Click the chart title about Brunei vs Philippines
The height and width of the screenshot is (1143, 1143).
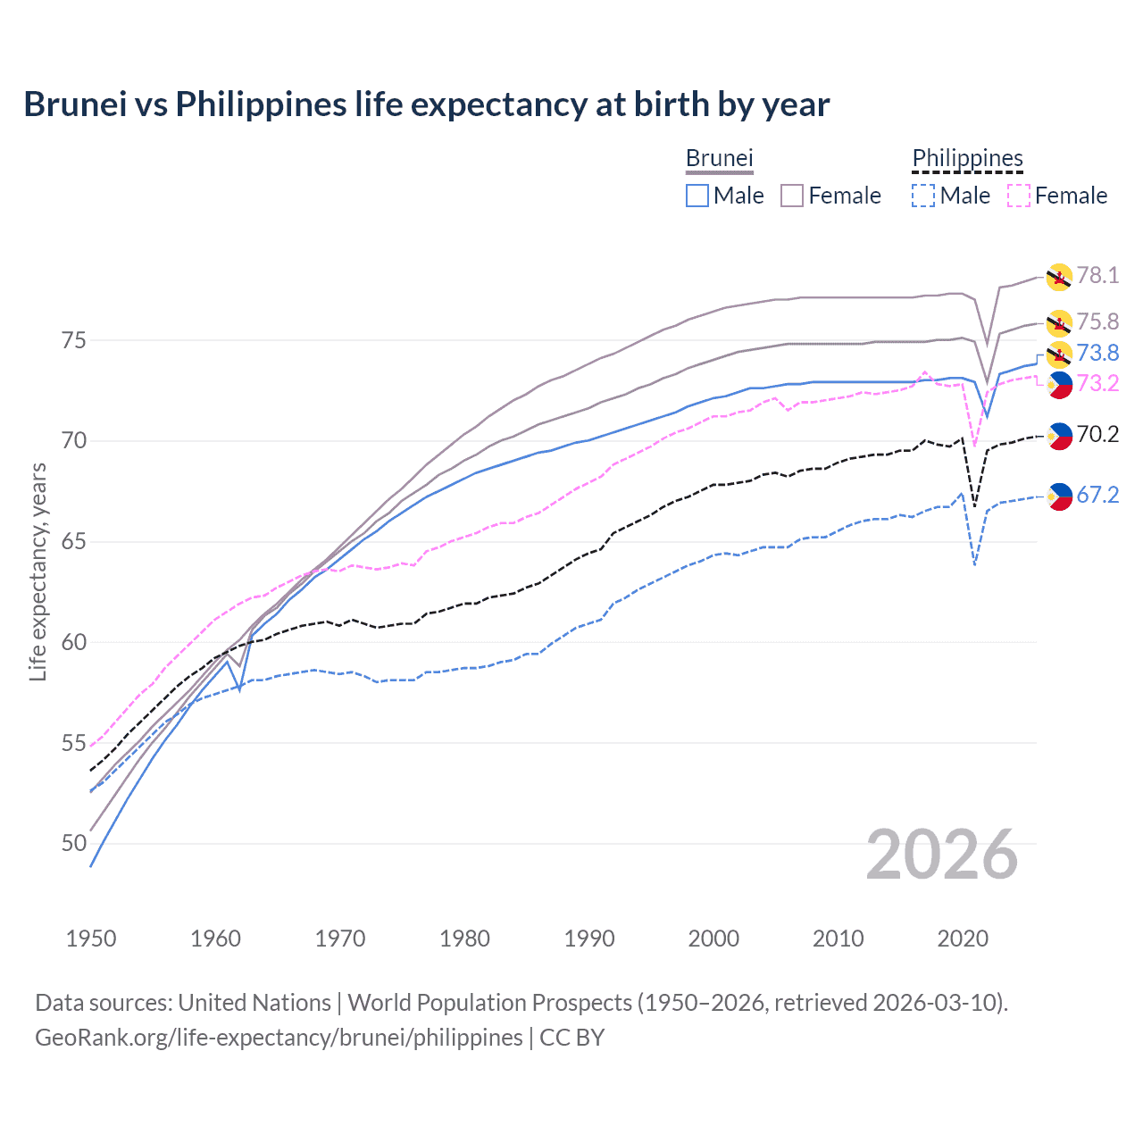click(426, 104)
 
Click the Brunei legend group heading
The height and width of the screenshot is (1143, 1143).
click(719, 158)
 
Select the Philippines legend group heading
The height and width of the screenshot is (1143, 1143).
click(967, 158)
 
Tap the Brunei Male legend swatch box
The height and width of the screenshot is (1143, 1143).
click(697, 196)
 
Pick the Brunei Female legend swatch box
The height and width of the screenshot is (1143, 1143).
click(792, 196)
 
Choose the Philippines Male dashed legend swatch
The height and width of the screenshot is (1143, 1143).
click(923, 196)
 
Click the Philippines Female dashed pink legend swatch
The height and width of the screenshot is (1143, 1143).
click(1018, 196)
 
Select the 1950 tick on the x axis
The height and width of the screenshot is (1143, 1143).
click(91, 939)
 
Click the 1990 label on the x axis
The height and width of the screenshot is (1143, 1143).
click(589, 939)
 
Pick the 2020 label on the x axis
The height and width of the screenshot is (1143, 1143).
click(963, 939)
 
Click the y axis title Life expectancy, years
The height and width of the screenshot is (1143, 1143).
click(38, 571)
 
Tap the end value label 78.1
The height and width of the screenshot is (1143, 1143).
click(1097, 275)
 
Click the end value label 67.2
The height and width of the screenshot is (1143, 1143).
click(1097, 495)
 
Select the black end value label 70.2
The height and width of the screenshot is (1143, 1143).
click(1097, 434)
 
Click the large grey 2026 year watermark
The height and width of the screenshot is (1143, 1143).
click(942, 855)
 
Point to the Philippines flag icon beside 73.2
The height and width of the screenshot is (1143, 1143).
click(1059, 385)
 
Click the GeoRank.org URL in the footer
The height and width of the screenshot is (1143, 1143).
click(279, 1038)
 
